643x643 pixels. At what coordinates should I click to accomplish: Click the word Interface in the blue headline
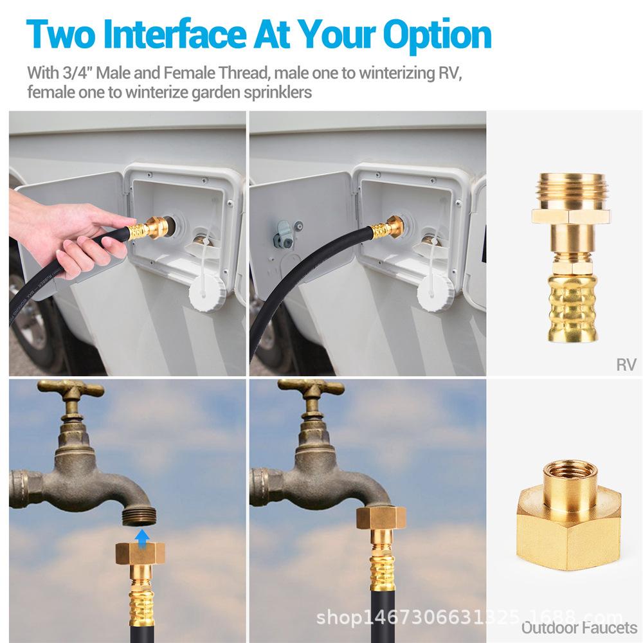174,35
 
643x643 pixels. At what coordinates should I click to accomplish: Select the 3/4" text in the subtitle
78,73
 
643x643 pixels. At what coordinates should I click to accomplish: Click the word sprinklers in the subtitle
278,92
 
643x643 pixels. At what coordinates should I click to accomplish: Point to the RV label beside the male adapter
626,365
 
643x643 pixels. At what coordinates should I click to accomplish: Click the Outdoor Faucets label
579,628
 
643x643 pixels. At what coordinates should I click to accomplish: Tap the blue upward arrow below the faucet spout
142,538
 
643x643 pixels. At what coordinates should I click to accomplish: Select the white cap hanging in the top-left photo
207,293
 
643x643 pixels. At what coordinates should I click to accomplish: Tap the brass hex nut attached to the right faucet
381,518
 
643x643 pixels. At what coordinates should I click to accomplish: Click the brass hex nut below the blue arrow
140,553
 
